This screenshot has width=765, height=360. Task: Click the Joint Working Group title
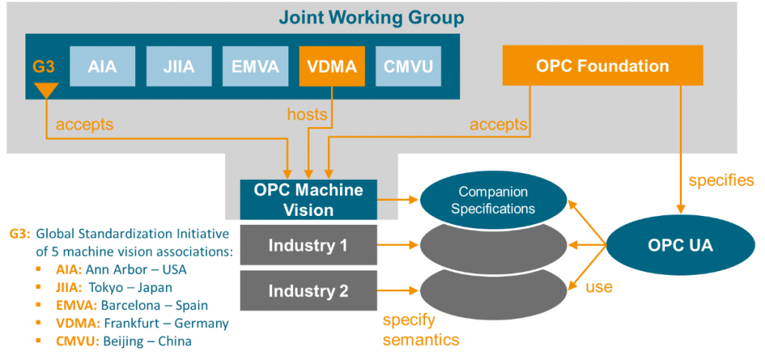tap(371, 16)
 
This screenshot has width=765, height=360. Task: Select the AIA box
tap(102, 66)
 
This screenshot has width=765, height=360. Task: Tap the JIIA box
tap(179, 66)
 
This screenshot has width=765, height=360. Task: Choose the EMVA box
tap(256, 66)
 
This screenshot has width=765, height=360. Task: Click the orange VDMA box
tap(332, 66)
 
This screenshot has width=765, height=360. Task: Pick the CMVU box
tap(408, 66)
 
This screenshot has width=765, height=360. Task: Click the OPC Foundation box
tap(602, 66)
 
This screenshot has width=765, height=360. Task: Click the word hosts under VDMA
tap(307, 114)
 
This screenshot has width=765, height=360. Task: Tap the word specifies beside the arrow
tap(720, 181)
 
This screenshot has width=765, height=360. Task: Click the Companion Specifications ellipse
tap(492, 200)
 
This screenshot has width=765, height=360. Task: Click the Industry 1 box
tap(308, 245)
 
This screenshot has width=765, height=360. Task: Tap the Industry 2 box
tap(308, 291)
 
